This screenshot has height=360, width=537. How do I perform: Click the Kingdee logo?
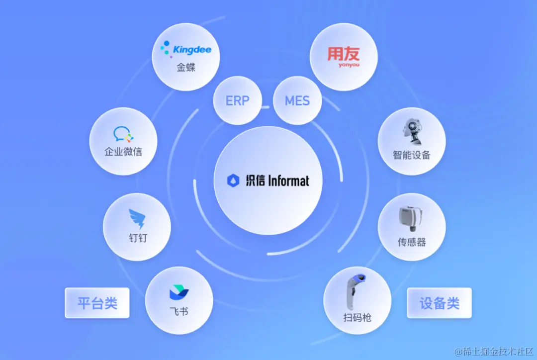[x=185, y=50]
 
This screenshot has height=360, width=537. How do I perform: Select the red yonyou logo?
[x=343, y=56]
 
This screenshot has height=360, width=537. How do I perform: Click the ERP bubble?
[x=237, y=101]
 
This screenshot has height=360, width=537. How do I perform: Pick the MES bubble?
[x=297, y=101]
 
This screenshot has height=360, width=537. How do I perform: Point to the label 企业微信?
[x=123, y=152]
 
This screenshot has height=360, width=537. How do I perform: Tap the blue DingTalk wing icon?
[x=137, y=218]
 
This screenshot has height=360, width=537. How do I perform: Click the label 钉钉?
[x=137, y=238]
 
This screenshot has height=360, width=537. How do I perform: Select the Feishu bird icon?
[x=179, y=293]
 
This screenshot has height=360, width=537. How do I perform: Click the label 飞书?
[x=179, y=312]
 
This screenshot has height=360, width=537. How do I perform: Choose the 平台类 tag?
[x=97, y=303]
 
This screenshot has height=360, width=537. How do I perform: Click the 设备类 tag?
[x=439, y=303]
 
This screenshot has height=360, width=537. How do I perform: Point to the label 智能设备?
[x=412, y=155]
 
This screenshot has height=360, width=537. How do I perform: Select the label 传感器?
[x=412, y=242]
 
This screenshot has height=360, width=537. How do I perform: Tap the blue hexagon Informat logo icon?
[x=233, y=180]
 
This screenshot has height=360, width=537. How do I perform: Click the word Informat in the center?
[x=288, y=180]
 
